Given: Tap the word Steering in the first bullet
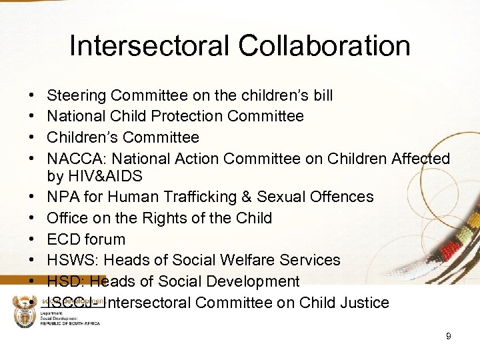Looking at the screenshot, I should pyautogui.click(x=77, y=95).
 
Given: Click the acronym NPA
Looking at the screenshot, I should pyautogui.click(x=62, y=197).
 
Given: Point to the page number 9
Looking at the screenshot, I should pyautogui.click(x=448, y=337).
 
